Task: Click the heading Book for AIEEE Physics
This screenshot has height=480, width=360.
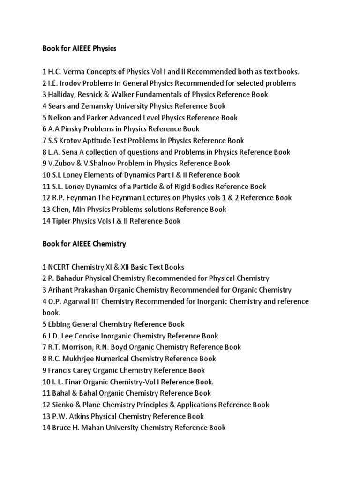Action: click(79, 48)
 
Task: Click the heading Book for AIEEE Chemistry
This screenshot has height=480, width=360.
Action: click(84, 244)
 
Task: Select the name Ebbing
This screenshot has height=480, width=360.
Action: click(60, 324)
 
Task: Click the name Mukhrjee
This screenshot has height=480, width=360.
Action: click(81, 359)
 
